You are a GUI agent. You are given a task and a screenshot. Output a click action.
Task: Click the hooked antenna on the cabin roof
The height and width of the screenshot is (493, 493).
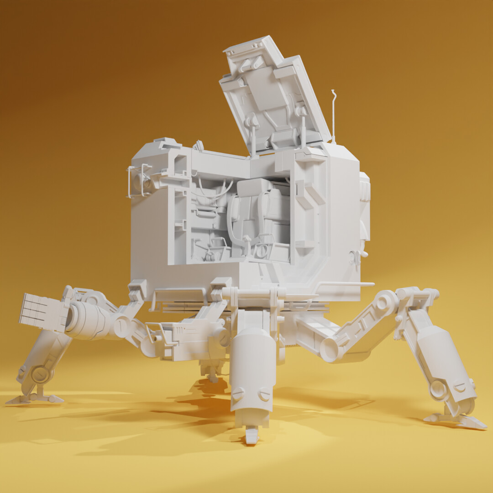pos(333,110)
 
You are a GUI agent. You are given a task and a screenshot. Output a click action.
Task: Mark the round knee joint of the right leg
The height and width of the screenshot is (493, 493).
pos(387,302)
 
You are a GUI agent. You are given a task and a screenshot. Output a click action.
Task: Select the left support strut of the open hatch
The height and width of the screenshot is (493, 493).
pos(252,135)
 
